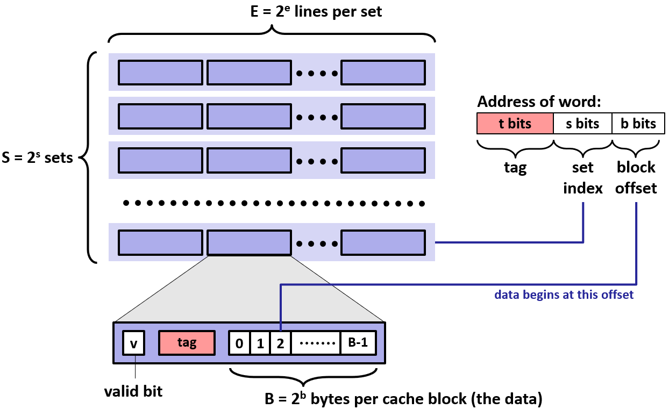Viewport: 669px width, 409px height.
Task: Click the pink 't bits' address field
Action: [x=515, y=124]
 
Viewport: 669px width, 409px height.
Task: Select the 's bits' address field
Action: [x=583, y=124]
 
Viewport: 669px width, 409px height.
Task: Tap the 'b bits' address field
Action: [x=638, y=124]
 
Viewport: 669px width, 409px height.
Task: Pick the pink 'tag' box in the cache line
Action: [x=187, y=343]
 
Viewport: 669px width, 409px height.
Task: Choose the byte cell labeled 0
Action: [x=240, y=343]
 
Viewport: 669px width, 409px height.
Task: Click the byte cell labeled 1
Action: [x=260, y=343]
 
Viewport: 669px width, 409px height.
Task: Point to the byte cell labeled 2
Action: [x=280, y=343]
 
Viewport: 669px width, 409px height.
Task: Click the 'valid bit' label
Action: [x=133, y=392]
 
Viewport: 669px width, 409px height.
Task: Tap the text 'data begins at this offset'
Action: [x=564, y=295]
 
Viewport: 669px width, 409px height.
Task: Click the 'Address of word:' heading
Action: [x=539, y=102]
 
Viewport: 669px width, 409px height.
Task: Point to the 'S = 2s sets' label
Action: [x=37, y=159]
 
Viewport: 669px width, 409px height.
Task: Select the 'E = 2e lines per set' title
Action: [x=272, y=12]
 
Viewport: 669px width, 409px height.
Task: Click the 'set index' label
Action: [x=582, y=178]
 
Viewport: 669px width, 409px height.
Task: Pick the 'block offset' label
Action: [x=636, y=178]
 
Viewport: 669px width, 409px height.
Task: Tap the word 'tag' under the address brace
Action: [x=515, y=168]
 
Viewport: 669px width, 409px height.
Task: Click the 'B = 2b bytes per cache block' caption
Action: [x=403, y=399]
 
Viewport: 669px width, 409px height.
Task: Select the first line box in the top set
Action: [x=160, y=73]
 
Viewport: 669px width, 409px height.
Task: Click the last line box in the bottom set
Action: [x=383, y=242]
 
